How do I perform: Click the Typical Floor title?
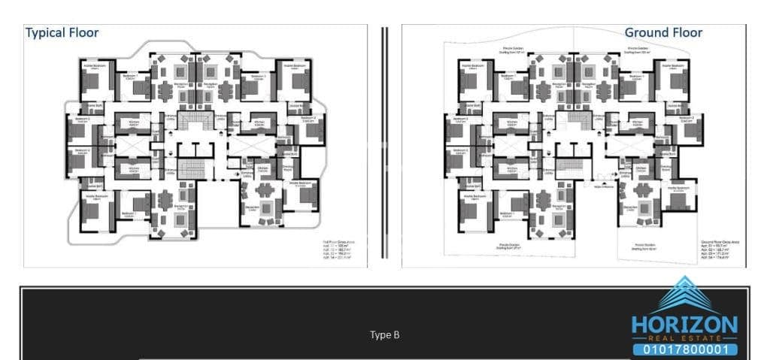(62, 33)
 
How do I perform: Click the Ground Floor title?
(663, 33)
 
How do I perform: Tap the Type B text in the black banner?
(384, 335)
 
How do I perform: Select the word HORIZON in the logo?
(684, 325)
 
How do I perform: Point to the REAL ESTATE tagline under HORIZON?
(684, 339)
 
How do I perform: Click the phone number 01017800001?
(684, 349)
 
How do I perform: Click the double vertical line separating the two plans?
(384, 143)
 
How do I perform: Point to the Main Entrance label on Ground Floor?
(602, 186)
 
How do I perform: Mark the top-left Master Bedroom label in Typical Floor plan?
(95, 66)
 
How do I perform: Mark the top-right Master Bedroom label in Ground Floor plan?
(671, 66)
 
